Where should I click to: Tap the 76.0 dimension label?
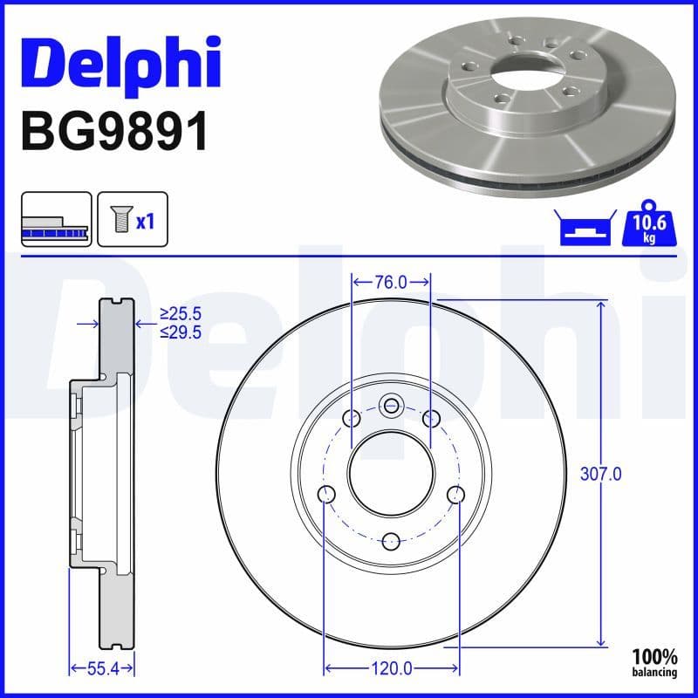click(x=391, y=282)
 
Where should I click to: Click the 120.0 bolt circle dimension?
click(x=391, y=669)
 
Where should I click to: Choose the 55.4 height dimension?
click(x=101, y=669)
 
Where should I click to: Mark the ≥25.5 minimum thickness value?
click(x=180, y=313)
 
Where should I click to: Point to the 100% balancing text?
click(x=654, y=662)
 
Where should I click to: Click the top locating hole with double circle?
click(x=391, y=404)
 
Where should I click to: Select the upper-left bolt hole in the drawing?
click(x=352, y=419)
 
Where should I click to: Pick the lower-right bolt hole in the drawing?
click(x=455, y=496)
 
